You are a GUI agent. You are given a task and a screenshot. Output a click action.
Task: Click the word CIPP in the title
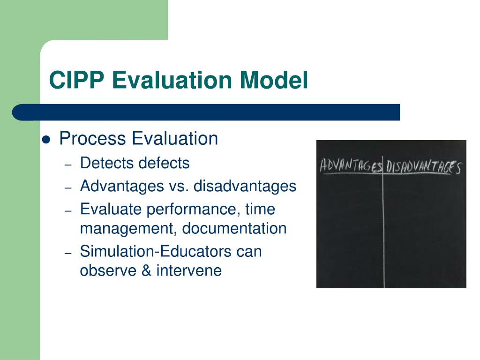tap(76, 80)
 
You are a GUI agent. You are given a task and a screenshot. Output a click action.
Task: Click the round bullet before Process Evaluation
tap(46, 139)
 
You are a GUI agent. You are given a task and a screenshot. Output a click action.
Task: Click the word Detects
tap(107, 163)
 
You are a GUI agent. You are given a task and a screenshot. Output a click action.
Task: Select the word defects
tap(164, 163)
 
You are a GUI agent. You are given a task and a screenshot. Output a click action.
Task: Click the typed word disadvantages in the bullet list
tap(245, 186)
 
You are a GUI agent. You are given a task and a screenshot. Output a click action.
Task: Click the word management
tap(129, 229)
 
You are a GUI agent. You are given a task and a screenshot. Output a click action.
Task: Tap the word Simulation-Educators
tap(156, 252)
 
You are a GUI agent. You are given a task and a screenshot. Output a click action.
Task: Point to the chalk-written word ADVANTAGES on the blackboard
tap(351, 166)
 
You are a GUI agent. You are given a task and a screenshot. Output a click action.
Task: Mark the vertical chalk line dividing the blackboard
tap(384, 225)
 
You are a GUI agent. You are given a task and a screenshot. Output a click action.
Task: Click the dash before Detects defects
tap(68, 165)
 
